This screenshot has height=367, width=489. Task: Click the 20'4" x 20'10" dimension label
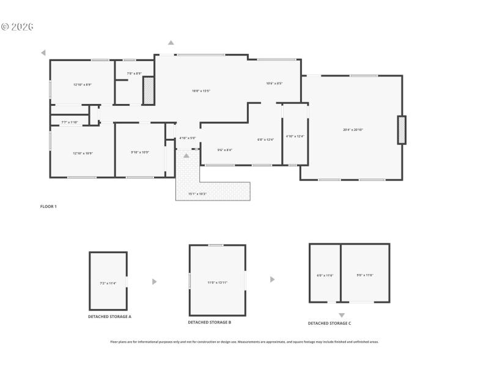click(x=353, y=130)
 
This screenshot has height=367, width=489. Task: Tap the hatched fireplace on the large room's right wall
click(x=402, y=130)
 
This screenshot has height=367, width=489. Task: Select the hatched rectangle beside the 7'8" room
click(x=147, y=91)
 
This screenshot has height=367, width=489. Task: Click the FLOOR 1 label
click(x=48, y=207)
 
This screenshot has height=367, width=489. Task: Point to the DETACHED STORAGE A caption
click(x=109, y=316)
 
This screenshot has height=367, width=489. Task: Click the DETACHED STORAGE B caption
click(x=209, y=322)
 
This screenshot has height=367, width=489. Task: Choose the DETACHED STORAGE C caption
click(x=329, y=323)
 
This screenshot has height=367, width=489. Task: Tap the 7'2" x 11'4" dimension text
click(x=108, y=283)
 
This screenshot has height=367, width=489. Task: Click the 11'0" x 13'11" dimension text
click(x=217, y=283)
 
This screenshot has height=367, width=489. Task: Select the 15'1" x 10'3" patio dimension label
click(x=197, y=194)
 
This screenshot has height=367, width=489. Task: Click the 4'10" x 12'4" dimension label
click(x=295, y=136)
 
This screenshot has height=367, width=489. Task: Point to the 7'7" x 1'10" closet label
click(x=69, y=122)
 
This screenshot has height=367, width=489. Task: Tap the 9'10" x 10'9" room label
click(x=140, y=152)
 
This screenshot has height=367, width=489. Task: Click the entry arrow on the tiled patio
click(x=186, y=156)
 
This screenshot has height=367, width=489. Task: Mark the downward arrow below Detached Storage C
click(x=342, y=315)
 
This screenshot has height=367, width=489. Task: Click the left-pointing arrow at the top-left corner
click(x=43, y=53)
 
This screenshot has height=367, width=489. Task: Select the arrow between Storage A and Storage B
click(x=155, y=281)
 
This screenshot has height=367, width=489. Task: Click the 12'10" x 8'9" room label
click(x=82, y=84)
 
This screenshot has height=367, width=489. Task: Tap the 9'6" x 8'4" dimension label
click(x=224, y=150)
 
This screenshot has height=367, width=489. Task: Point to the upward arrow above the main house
click(x=171, y=42)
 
